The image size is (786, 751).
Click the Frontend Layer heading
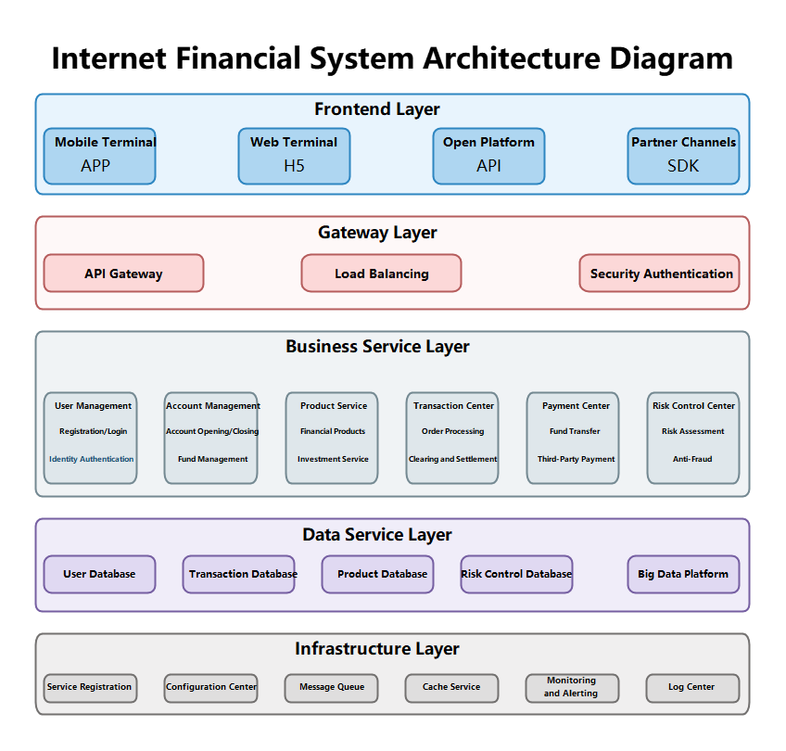click(x=376, y=109)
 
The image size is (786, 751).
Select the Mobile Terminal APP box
click(x=99, y=156)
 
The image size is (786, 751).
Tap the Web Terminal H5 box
click(x=294, y=156)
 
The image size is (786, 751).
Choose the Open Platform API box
click(x=488, y=156)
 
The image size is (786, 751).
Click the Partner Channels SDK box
click(x=683, y=156)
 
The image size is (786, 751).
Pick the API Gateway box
click(x=123, y=274)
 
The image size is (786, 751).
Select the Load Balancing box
click(x=381, y=274)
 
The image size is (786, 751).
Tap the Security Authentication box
click(x=660, y=274)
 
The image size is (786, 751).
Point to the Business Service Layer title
click(x=377, y=347)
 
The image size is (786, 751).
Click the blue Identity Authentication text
click(x=91, y=459)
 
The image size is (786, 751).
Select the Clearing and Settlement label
click(x=452, y=459)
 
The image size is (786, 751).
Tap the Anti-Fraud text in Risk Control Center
click(x=692, y=459)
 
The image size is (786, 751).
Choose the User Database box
click(x=99, y=574)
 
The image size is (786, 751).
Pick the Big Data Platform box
click(x=683, y=574)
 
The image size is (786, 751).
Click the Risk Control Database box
click(x=516, y=574)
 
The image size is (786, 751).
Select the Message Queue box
click(x=331, y=688)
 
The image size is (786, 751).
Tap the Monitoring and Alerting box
click(x=572, y=688)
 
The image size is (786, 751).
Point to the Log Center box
click(x=692, y=688)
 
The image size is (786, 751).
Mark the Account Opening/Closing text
click(x=212, y=431)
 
